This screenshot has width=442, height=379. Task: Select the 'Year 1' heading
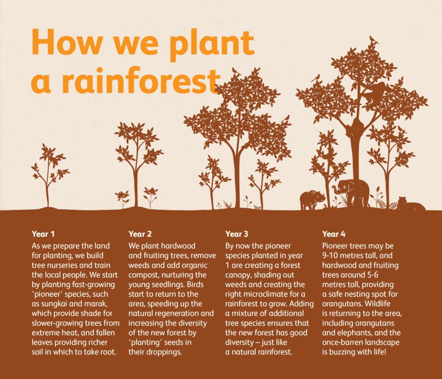(43, 234)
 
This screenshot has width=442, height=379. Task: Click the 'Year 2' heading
(140, 234)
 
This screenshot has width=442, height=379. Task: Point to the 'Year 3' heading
(237, 234)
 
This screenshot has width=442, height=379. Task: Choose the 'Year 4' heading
(334, 234)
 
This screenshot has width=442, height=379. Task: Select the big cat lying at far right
(411, 204)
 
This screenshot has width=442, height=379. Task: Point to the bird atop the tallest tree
(374, 40)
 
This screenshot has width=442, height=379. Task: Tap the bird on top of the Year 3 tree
(236, 72)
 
